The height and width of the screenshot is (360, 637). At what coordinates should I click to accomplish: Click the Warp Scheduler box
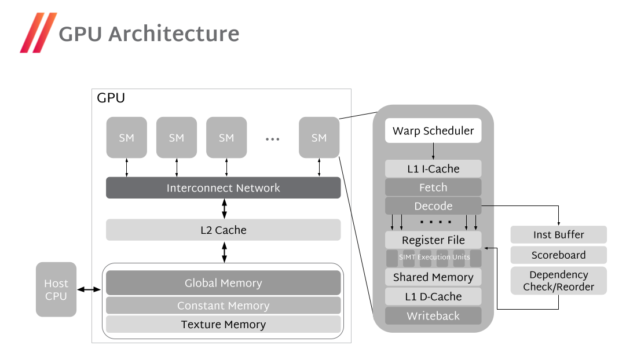[x=433, y=131]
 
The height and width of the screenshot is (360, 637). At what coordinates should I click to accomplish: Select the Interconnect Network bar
[x=223, y=188]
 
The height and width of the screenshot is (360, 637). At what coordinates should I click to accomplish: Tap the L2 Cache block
[x=223, y=230]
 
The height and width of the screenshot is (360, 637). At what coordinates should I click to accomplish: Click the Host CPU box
[x=56, y=289]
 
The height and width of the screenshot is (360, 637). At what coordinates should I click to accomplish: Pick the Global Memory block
[x=223, y=283]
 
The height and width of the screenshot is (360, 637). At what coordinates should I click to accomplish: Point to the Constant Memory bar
[x=223, y=306]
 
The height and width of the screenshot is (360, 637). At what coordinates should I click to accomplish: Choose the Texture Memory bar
[x=223, y=325]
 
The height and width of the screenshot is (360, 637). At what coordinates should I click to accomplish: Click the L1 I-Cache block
[x=433, y=169]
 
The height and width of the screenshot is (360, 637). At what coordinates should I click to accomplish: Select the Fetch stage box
[x=433, y=188]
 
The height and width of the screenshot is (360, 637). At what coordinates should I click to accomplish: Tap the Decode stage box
[x=433, y=206]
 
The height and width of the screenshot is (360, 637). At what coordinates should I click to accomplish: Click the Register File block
[x=433, y=240]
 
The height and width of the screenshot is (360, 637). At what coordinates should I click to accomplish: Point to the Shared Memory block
[x=433, y=277]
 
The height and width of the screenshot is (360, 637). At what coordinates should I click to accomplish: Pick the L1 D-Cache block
[x=433, y=296]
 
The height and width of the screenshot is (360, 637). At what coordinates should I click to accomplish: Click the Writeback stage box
[x=433, y=316]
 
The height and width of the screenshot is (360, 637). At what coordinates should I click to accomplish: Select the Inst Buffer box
[x=558, y=234]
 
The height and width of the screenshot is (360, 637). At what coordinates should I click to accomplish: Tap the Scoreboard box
[x=558, y=255]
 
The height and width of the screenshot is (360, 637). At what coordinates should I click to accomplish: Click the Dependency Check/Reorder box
[x=558, y=281]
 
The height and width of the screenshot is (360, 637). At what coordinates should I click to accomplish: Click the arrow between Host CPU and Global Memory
[x=89, y=289]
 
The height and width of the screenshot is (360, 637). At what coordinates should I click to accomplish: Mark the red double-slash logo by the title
[x=38, y=33]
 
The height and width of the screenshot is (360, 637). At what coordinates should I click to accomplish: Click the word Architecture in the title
[x=174, y=34]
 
